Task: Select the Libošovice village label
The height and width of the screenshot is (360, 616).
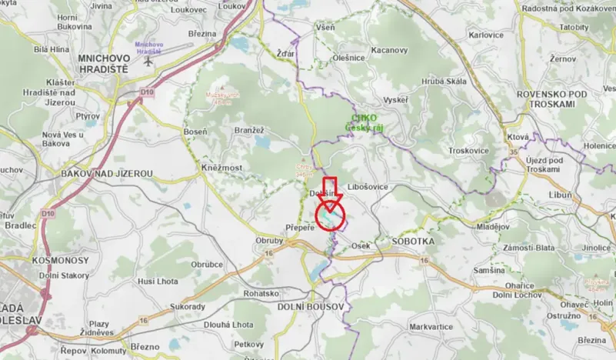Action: (x=368, y=187)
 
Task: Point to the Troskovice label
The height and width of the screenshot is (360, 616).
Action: (x=468, y=151)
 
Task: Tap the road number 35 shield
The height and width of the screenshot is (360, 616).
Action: (x=513, y=152)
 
